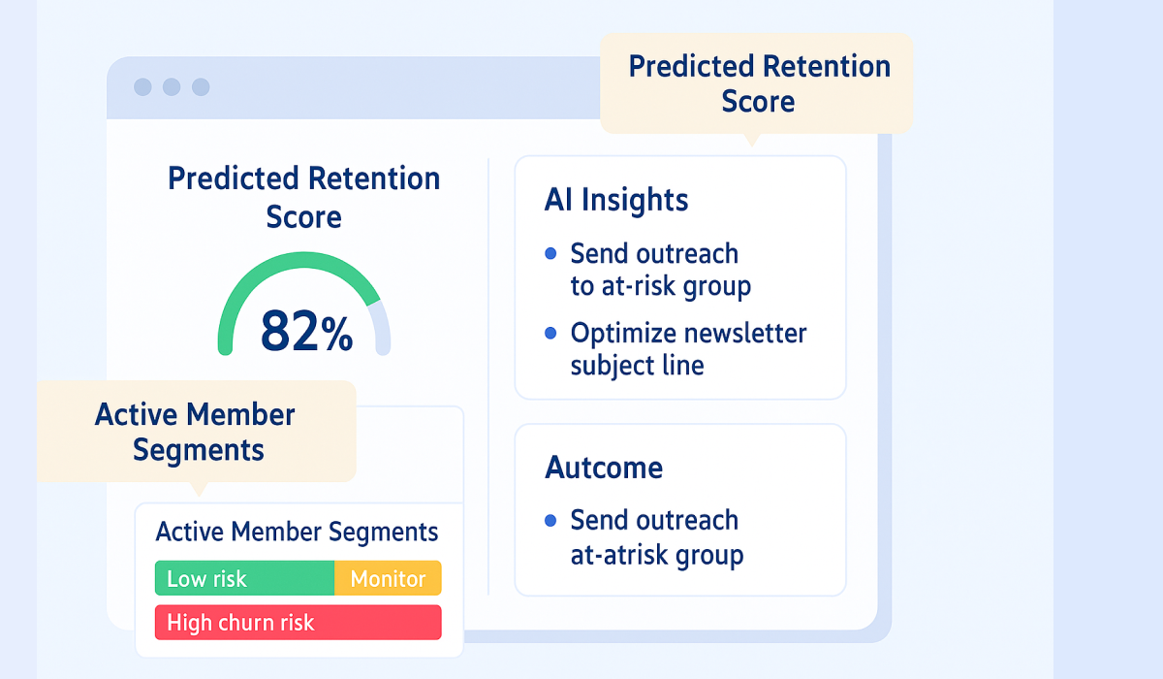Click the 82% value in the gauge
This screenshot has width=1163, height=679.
[x=305, y=333]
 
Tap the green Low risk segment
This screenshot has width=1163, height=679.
[x=244, y=579]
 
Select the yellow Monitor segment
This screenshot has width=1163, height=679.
[x=388, y=579]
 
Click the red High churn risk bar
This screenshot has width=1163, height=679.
[x=298, y=623]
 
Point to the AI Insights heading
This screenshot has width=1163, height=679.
[x=616, y=200]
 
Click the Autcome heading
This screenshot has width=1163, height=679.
[x=604, y=468]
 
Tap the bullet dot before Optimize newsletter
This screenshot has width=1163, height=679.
[x=550, y=334]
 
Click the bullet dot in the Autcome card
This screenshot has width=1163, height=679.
[x=550, y=521]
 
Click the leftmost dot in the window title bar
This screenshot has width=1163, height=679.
[x=142, y=87]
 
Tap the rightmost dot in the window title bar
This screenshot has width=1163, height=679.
[x=201, y=87]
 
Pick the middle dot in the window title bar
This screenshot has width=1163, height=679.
[x=172, y=87]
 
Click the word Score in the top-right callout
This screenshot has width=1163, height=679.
[x=758, y=102]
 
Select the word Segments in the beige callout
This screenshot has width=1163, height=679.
[x=198, y=450]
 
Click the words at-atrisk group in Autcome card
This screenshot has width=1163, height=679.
[x=656, y=556]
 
